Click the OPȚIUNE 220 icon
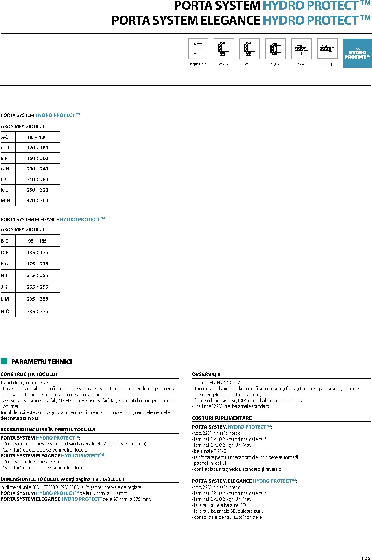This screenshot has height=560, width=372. (198, 49)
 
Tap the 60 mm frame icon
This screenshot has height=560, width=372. (224, 49)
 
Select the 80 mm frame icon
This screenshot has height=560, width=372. (249, 49)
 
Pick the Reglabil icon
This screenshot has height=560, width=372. (275, 49)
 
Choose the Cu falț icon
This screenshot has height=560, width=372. (301, 49)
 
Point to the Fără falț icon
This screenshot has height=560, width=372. (327, 49)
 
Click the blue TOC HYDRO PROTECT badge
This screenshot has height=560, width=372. (357, 53)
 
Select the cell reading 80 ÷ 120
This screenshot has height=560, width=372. (38, 137)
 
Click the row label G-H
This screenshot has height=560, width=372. (5, 169)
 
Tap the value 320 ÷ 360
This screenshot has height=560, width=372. (38, 201)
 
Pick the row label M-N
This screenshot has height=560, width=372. (6, 201)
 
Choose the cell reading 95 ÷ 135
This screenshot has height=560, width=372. (38, 241)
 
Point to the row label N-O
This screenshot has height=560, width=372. (5, 312)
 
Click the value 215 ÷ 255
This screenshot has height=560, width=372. (38, 276)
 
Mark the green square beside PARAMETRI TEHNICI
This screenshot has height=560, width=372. (4, 361)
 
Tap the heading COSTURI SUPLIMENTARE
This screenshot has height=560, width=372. (222, 418)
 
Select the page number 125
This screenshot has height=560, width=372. (366, 558)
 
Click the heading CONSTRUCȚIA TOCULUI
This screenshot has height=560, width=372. (28, 375)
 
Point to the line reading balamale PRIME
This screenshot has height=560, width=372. (210, 451)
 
